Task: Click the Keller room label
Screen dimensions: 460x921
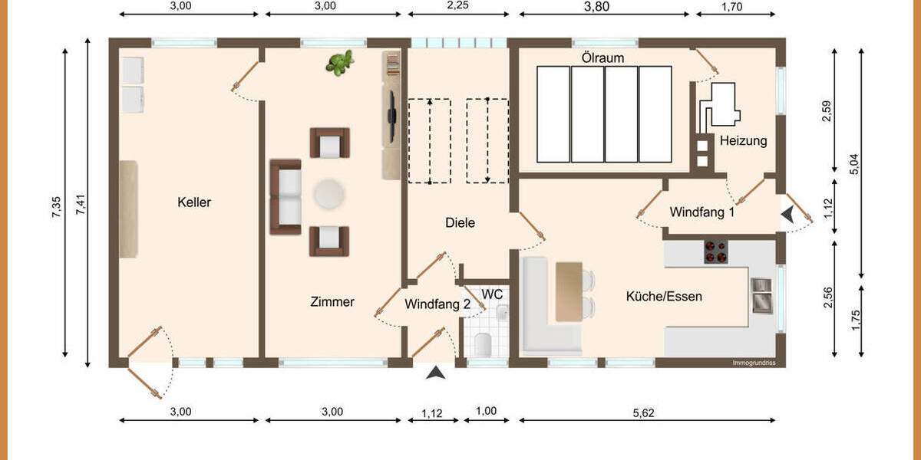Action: point(193,202)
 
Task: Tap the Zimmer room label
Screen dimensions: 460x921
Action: point(332,302)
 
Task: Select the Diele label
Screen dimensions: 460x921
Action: point(460,223)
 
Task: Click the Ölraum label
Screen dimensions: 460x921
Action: point(602,58)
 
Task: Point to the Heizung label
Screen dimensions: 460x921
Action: point(743,141)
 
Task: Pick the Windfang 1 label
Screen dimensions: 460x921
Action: point(701,212)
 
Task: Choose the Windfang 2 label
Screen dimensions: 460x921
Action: point(437,304)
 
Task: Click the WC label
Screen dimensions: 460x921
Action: point(492,294)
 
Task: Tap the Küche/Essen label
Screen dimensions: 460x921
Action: point(664,296)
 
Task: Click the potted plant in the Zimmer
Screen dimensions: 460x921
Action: point(339,63)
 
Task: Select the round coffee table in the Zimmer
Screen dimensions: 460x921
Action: point(329,194)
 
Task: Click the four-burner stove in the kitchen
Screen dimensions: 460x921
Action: point(716,252)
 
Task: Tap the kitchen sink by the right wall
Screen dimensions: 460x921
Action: point(761,295)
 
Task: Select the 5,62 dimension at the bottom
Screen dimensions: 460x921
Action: point(645,412)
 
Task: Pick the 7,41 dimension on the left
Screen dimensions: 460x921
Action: point(81,203)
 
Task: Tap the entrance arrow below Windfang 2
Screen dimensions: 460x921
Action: point(436,373)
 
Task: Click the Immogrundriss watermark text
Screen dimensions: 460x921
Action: point(754,363)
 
